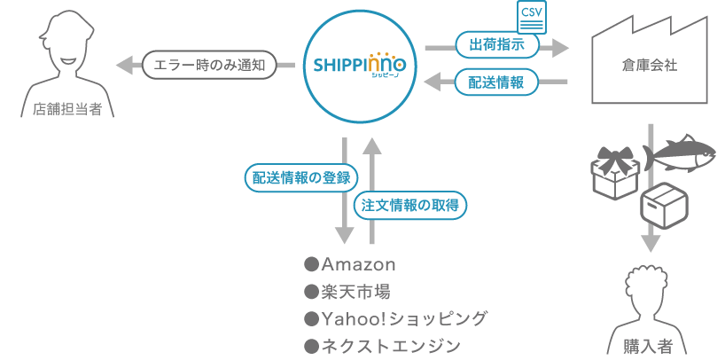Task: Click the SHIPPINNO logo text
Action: click(x=359, y=65)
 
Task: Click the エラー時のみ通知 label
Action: click(x=209, y=64)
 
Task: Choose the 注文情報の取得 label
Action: click(x=410, y=205)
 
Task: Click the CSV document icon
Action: click(x=532, y=18)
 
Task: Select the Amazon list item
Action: click(x=350, y=264)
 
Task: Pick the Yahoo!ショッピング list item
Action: click(x=395, y=318)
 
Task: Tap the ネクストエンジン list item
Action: click(x=382, y=345)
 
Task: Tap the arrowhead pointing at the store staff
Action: click(x=127, y=64)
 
